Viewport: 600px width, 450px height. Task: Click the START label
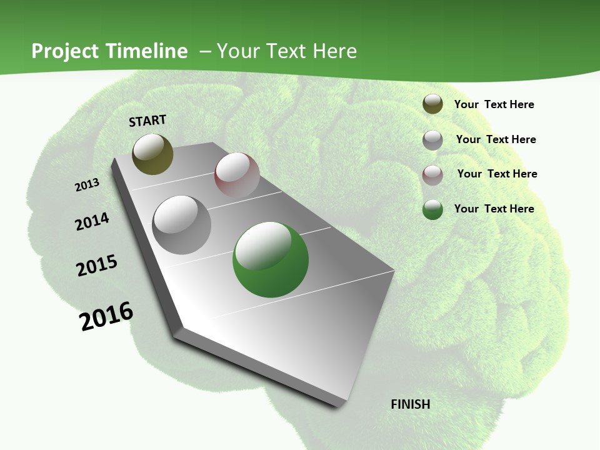click(147, 120)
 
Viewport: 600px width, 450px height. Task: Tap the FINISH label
click(410, 404)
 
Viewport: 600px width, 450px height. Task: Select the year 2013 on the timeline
click(87, 185)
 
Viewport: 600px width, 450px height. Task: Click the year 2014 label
click(92, 221)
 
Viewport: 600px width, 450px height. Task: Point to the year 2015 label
click(97, 266)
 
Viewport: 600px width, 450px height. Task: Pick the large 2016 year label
click(106, 316)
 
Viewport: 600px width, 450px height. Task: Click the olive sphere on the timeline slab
click(152, 154)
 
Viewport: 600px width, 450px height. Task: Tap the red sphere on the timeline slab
click(237, 175)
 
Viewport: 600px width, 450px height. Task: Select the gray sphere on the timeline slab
click(182, 224)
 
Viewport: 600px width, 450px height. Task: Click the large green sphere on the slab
click(271, 259)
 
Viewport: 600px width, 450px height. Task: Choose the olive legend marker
click(432, 104)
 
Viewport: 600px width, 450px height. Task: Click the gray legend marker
click(432, 140)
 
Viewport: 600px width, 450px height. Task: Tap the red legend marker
click(432, 174)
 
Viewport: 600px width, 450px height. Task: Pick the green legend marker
click(432, 209)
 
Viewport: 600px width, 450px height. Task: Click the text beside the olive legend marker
click(494, 104)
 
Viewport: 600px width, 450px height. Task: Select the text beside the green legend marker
click(494, 209)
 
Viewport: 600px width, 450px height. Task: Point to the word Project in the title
click(66, 51)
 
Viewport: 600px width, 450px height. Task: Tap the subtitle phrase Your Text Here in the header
click(287, 51)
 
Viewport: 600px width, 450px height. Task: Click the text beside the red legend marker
click(497, 174)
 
